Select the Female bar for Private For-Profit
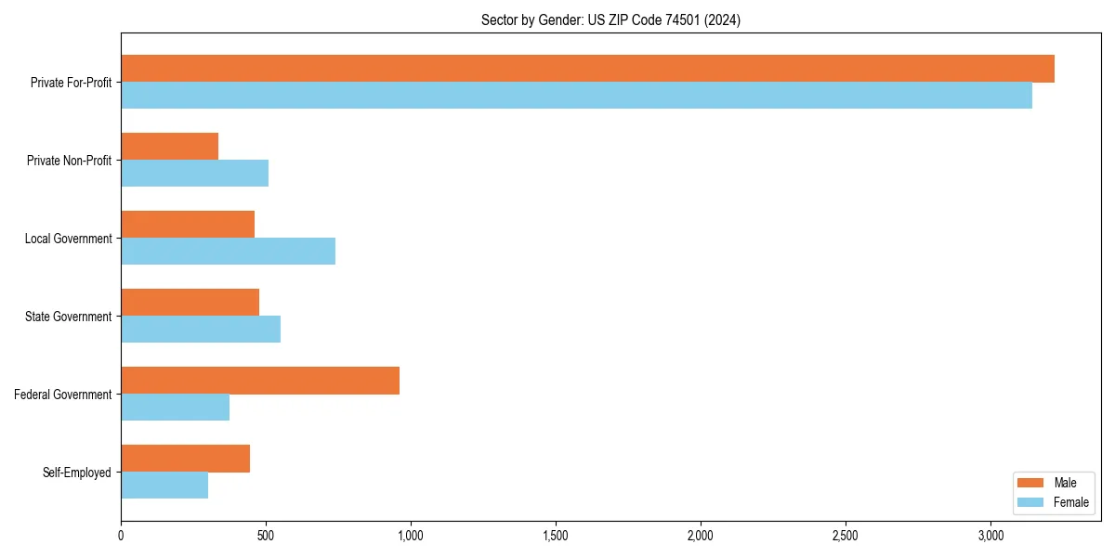[x=576, y=96]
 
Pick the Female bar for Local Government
[x=228, y=252]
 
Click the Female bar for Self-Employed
[x=164, y=486]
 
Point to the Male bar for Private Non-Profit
[x=169, y=147]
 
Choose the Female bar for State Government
[x=201, y=330]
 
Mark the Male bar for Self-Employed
[x=185, y=459]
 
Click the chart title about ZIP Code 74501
[x=610, y=19]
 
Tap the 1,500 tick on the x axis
[x=556, y=535]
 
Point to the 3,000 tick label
[x=990, y=535]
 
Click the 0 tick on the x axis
[x=121, y=535]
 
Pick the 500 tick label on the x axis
[x=266, y=535]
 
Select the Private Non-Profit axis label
[x=69, y=161]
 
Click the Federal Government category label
[x=63, y=395]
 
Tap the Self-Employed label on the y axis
[x=77, y=473]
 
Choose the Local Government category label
[x=68, y=239]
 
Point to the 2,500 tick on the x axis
[x=846, y=535]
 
